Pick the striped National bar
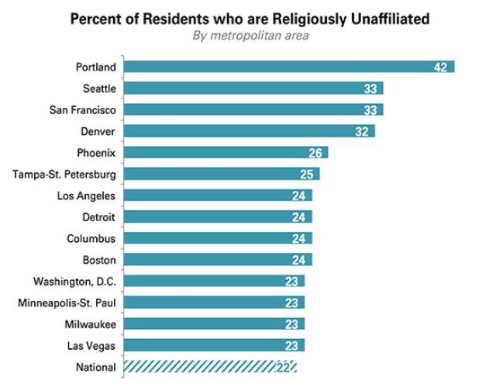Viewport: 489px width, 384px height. [210, 367]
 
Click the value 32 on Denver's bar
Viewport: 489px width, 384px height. [363, 131]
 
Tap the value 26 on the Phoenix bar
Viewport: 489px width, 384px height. [316, 153]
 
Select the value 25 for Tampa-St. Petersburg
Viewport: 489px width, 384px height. [308, 174]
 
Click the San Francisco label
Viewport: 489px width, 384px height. [81, 109]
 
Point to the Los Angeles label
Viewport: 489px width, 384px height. [86, 195]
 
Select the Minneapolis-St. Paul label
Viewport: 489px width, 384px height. [67, 303]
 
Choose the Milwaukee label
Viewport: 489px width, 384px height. [91, 324]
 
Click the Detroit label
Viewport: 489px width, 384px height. [98, 216]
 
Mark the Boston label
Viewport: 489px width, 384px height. [99, 260]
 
